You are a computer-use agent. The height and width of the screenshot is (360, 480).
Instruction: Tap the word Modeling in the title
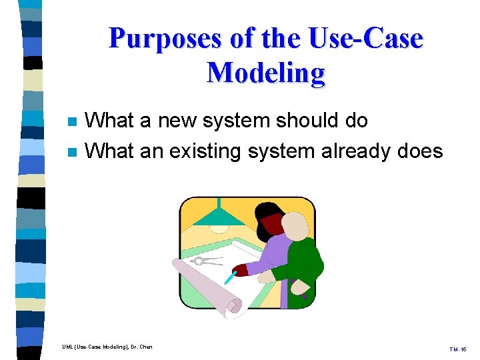266,73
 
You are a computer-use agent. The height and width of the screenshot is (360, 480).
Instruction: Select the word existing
205,151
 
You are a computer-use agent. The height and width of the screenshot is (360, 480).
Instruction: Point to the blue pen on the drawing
231,276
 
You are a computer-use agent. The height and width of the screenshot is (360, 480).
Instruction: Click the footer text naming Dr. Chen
107,347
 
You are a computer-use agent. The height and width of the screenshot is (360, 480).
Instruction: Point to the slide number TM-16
459,349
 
